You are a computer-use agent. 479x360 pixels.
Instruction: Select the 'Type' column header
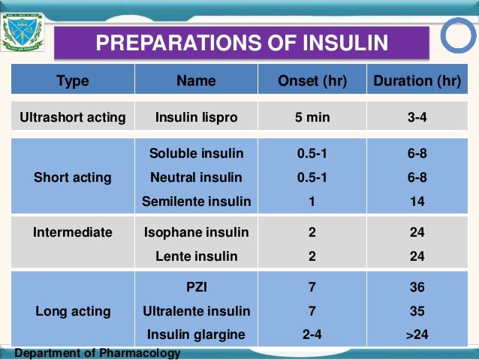point(73,81)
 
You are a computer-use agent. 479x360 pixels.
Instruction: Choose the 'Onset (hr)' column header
point(312,81)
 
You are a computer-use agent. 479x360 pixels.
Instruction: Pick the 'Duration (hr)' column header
point(417,81)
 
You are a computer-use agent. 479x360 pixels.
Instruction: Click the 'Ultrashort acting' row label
point(72,117)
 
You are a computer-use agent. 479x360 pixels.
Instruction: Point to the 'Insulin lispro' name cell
point(196,117)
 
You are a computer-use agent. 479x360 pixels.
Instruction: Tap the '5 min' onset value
point(312,117)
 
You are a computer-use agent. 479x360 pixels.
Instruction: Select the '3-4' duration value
point(417,117)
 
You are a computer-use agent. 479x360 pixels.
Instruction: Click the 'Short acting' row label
point(72,177)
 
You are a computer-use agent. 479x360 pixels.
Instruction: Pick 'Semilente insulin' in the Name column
point(196,201)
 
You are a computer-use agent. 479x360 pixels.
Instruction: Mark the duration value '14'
point(417,201)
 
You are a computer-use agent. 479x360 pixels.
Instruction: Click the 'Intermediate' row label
point(72,232)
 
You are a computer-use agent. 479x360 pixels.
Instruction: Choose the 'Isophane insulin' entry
point(196,232)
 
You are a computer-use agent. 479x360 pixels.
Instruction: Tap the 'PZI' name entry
point(196,286)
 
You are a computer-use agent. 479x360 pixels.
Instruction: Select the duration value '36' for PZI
point(417,286)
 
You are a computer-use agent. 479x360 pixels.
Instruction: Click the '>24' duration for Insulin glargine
point(417,334)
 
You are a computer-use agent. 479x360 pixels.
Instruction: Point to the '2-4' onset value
point(312,334)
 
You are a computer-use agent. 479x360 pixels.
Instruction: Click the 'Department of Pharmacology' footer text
point(97,353)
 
